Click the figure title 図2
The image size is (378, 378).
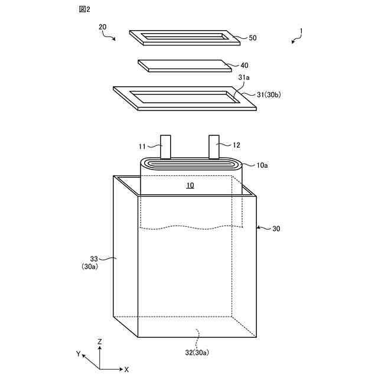pos(84,9)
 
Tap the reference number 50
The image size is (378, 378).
pos(253,38)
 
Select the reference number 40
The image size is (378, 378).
pos(245,66)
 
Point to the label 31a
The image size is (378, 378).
pos(244,77)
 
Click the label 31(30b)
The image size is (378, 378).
pos(269,94)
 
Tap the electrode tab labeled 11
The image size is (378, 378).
pos(165,147)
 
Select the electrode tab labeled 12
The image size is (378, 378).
pos(214,147)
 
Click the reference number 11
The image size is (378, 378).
pos(142,146)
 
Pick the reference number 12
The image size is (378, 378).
pos(236,145)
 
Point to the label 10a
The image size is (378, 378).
pos(262,165)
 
